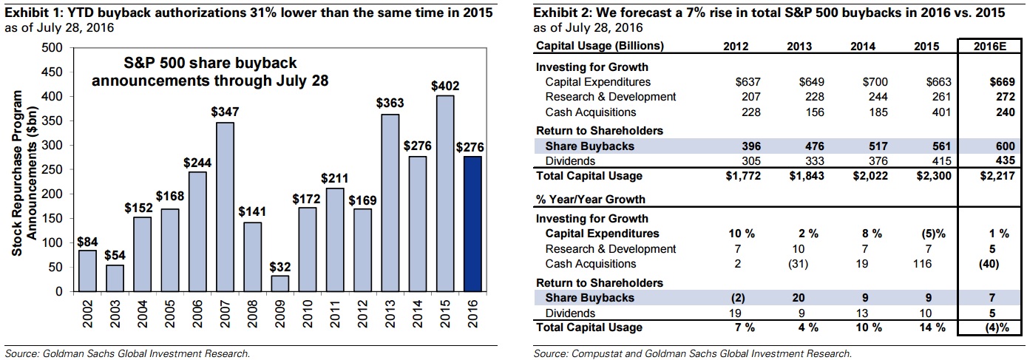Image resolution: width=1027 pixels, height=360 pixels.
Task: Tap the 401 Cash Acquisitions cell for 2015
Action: [926, 112]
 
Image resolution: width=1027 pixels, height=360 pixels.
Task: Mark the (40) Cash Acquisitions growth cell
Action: [986, 264]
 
